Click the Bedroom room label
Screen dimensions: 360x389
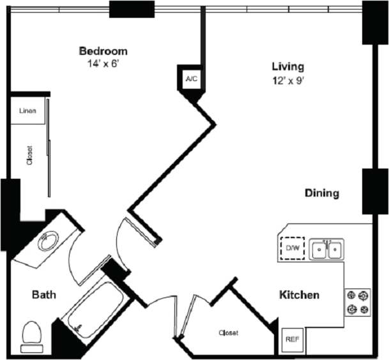coord(103,51)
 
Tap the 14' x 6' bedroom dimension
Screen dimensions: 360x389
coord(103,64)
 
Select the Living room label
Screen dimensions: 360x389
coord(287,66)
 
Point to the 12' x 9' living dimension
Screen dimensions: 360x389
coord(287,80)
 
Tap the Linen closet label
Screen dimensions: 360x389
coord(27,111)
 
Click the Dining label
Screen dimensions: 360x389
coord(321,193)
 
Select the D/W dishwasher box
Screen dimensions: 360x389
coord(293,248)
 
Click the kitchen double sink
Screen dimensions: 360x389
coord(327,249)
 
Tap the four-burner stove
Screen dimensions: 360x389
coord(358,303)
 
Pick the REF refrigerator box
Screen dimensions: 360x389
coord(293,339)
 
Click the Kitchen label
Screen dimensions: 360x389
coord(299,295)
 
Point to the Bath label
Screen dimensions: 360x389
coord(44,295)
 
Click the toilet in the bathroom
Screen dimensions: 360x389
coord(31,336)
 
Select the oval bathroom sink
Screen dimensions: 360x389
coord(48,242)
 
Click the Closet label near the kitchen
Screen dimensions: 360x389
coord(228,333)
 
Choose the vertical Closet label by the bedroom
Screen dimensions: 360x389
coord(29,156)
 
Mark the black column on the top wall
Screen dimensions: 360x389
coord(132,9)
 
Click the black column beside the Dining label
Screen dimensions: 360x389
coord(375,191)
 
